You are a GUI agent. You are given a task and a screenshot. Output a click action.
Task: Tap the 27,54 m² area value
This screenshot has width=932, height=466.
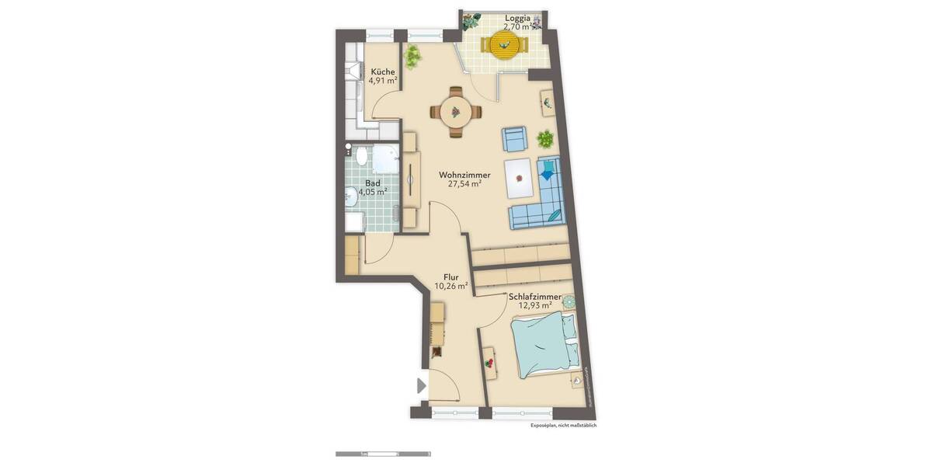[464, 185]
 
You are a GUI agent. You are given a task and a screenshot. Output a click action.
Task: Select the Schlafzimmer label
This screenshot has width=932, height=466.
[535, 296]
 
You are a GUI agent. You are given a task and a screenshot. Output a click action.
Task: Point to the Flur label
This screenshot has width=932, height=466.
[450, 276]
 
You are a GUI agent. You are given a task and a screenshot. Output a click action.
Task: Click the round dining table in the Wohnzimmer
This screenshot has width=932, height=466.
[455, 113]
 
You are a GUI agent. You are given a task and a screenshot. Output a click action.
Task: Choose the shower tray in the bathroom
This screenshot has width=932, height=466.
[385, 159]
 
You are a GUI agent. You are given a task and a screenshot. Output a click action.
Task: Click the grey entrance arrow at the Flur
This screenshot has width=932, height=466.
[422, 385]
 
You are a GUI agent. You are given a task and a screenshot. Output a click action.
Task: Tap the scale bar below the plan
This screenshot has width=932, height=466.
[383, 454]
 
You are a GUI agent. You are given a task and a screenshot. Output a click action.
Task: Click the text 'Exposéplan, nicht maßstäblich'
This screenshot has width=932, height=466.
[563, 426]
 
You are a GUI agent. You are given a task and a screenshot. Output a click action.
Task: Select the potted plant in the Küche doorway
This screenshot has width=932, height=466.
[412, 56]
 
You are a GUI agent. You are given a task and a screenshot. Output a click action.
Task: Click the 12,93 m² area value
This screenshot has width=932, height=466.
[534, 306]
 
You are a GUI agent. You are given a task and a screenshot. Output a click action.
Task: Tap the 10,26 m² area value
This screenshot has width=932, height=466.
[450, 286]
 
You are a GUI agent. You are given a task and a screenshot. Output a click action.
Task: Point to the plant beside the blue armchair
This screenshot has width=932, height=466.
[545, 140]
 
